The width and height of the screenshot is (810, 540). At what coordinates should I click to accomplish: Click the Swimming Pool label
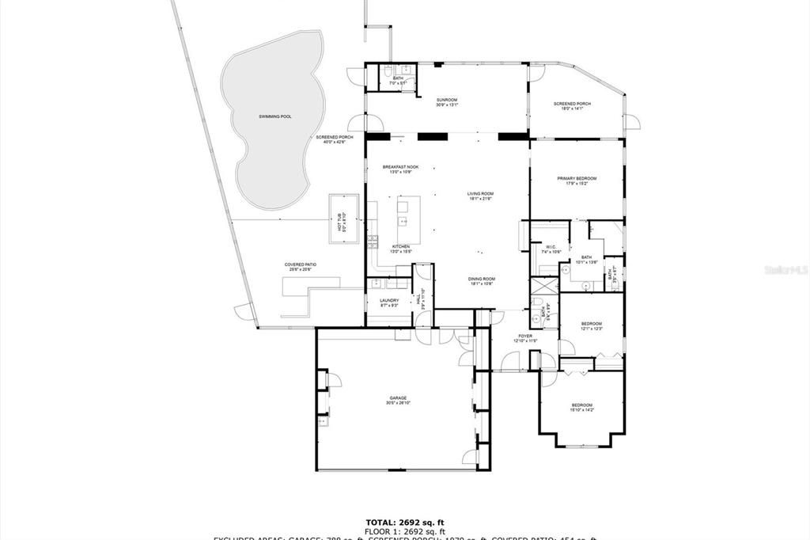coord(274,116)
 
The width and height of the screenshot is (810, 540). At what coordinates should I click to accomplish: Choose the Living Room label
coord(480,196)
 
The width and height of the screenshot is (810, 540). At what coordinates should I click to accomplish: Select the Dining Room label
coord(481,280)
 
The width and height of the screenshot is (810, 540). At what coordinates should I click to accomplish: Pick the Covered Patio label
coord(300,267)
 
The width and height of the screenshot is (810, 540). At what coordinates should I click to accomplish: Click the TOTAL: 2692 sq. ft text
coord(404,522)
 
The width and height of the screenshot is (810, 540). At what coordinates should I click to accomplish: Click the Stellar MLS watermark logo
coord(785,270)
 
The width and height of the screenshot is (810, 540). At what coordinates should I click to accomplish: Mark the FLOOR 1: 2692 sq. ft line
coord(404,530)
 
